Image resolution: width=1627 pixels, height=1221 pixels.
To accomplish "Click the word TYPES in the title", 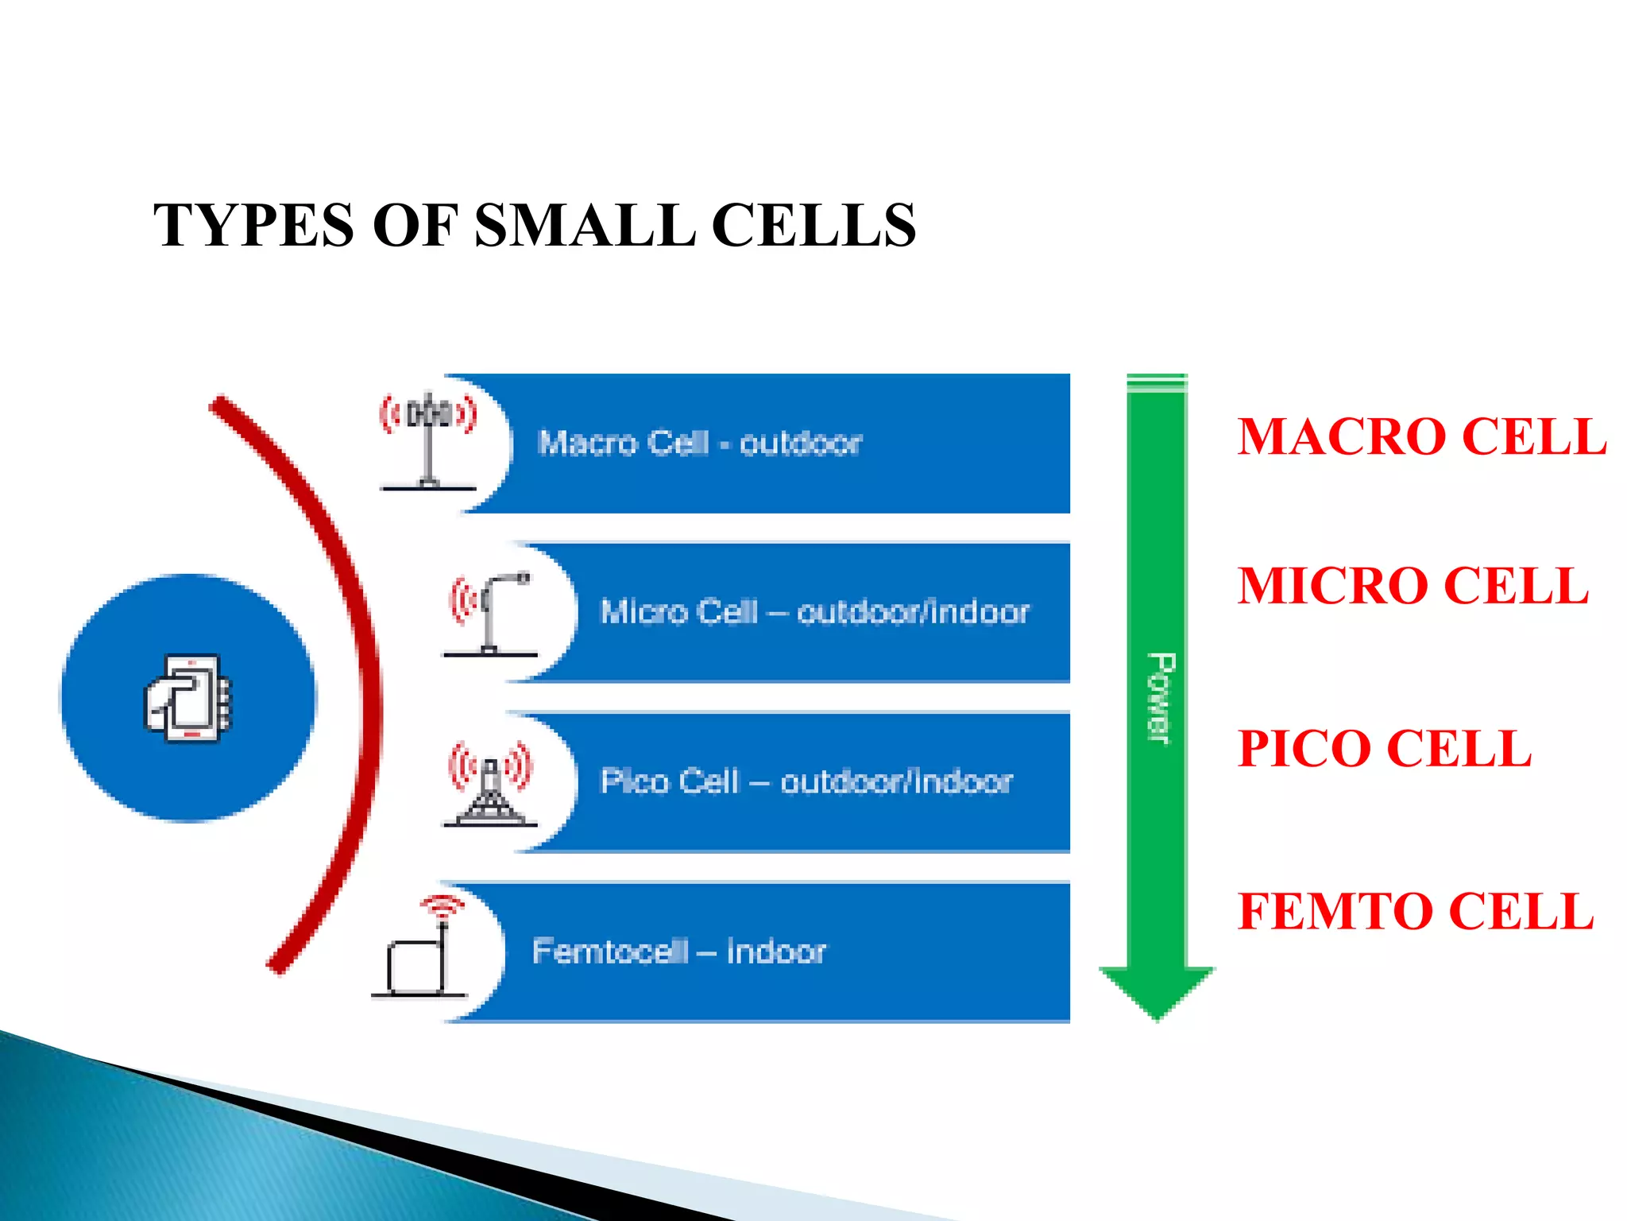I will coord(253,226).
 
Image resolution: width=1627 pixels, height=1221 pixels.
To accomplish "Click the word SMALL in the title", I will coord(584,226).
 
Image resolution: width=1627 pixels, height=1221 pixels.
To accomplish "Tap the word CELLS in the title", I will coord(813,226).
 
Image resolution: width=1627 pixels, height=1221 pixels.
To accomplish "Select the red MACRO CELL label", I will coord(1421,437).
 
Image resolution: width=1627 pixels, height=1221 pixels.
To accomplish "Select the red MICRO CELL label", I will coord(1413,587).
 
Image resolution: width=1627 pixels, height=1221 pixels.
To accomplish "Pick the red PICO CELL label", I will coord(1384,749).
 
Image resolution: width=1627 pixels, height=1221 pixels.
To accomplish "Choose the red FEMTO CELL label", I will coord(1416,911).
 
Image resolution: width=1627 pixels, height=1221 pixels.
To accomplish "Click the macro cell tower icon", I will coord(429,441).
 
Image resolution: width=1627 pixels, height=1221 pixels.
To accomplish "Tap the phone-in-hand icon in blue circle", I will coord(188,698).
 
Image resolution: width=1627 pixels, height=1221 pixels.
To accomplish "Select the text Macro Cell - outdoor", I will coord(699,443).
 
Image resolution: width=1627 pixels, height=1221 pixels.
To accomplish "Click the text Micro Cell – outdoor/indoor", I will coord(813,612).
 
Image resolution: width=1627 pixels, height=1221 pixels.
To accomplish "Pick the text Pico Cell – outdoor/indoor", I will coord(806,782).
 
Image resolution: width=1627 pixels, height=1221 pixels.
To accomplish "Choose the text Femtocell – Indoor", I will coord(678,952).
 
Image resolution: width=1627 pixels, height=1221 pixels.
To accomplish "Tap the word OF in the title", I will coord(415,226).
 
